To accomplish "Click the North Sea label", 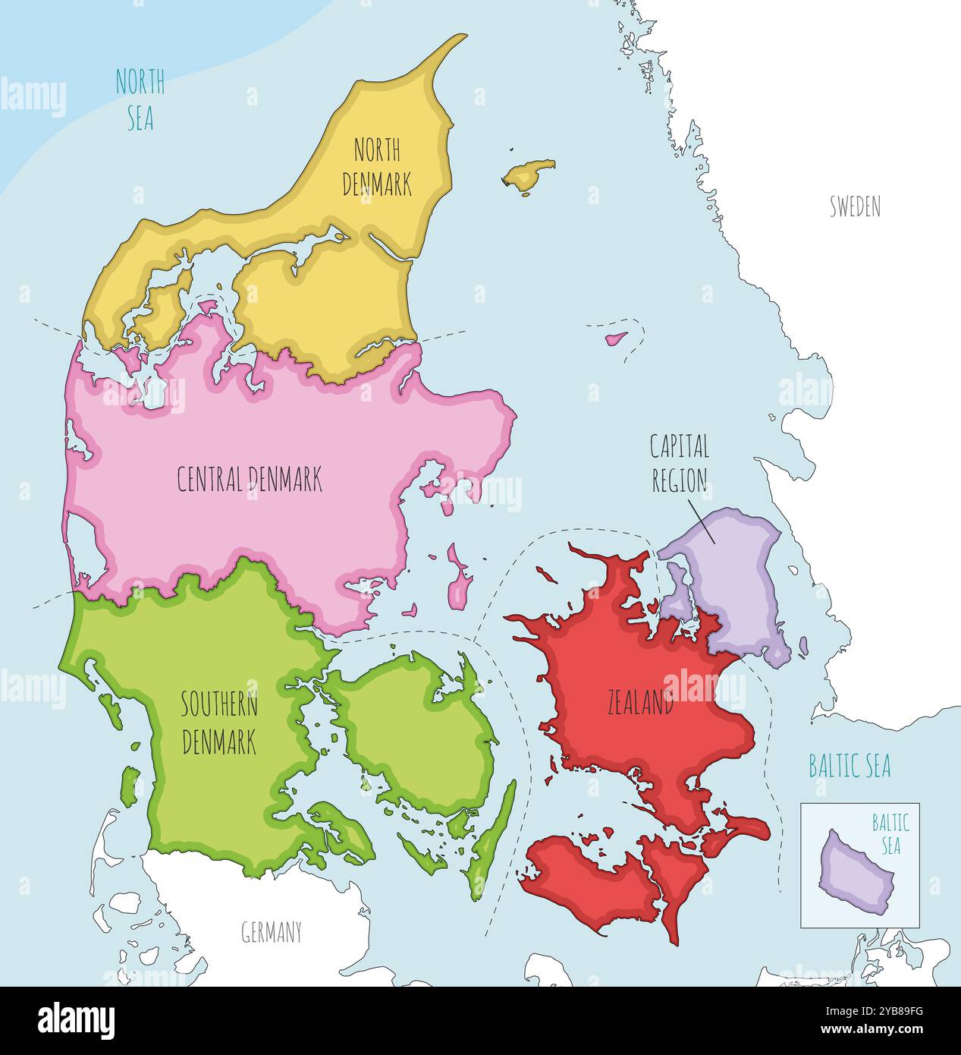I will [140, 100].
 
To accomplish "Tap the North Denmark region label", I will [377, 167].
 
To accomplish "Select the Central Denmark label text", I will [250, 480].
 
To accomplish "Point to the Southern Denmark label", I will [219, 723].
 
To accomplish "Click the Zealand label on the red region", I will [640, 704].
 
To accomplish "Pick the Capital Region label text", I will [680, 463].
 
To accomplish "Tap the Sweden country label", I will [855, 206].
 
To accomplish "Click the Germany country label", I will [272, 931].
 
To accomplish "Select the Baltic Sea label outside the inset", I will [850, 766].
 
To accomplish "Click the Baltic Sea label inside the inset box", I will [890, 833].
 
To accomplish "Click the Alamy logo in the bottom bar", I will [76, 1021].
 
